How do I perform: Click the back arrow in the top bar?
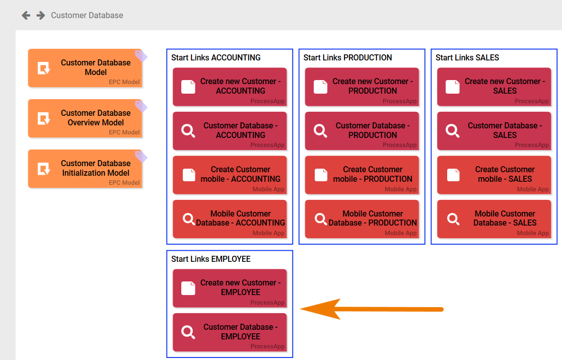[26, 16]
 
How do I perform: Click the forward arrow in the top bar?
[41, 16]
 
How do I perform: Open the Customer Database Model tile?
[85, 68]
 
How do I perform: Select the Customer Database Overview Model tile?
[85, 118]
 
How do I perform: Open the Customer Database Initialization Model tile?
[85, 169]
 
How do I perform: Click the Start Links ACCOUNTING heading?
[216, 58]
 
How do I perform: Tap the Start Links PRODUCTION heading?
[347, 58]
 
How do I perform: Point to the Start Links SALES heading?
[467, 58]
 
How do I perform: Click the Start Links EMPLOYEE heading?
[210, 259]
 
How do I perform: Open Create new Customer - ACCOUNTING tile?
[230, 87]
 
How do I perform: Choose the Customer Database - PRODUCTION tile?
[362, 131]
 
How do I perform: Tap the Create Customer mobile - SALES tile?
[494, 175]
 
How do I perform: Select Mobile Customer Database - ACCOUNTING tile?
[230, 219]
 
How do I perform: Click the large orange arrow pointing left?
[372, 309]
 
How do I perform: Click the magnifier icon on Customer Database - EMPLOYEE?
[188, 332]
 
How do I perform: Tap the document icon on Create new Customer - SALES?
[453, 87]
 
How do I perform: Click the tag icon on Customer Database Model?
[141, 55]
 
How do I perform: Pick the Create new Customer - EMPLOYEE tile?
[230, 288]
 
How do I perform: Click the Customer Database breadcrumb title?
[87, 16]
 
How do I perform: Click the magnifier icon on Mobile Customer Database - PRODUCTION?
[321, 219]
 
